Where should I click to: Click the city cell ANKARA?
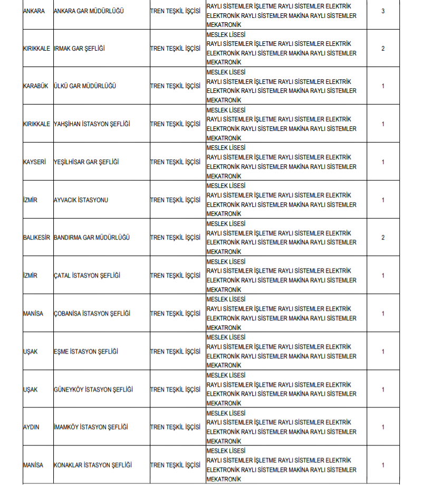pos(34,11)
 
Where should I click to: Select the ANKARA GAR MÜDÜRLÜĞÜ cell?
pos(89,11)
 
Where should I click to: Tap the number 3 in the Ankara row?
pos(383,11)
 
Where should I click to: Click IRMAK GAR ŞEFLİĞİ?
pos(80,49)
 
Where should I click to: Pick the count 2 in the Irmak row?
pos(383,49)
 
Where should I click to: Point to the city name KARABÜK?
pos(36,86)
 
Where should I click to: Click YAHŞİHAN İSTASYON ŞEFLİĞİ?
pos(92,124)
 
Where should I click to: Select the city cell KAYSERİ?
pos(35,162)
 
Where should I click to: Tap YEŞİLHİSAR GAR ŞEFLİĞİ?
pos(87,162)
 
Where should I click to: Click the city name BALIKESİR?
pos(37,237)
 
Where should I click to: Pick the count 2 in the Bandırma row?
pos(383,237)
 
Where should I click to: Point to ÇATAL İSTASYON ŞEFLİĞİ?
pos(88,275)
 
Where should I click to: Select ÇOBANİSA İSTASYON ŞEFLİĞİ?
pos(92,313)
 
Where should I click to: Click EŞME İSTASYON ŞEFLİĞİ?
pos(86,351)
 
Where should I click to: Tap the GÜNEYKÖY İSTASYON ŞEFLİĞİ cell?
pos(93,389)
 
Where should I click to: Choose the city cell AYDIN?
pos(31,427)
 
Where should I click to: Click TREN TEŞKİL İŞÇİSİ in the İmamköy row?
pos(175,427)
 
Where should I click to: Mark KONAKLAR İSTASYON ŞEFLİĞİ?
pos(93,465)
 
